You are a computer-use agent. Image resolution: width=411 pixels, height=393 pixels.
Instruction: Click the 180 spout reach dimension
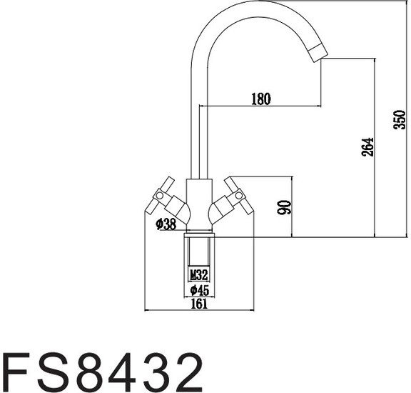pos(260,99)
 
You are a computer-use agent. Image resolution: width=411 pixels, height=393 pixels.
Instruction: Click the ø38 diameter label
pos(166,223)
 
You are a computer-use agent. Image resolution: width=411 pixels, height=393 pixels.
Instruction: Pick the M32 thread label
pos(199,274)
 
